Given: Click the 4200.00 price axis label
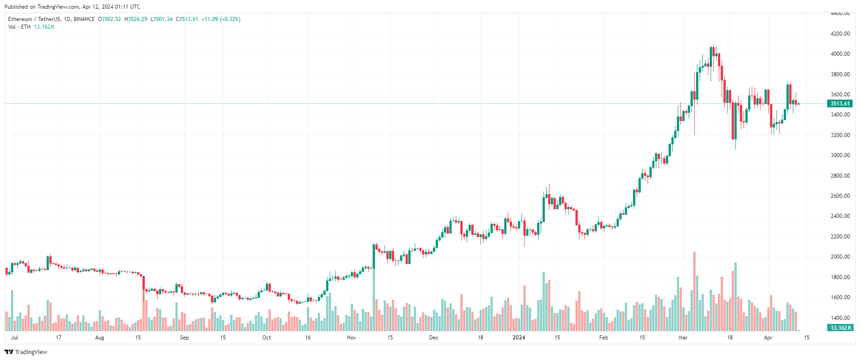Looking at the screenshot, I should tap(840, 34).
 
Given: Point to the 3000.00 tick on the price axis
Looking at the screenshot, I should tap(840, 155).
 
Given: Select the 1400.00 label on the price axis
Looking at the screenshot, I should tap(840, 318).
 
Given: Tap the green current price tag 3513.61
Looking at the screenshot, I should tap(840, 104).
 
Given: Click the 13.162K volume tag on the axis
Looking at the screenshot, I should tap(840, 328).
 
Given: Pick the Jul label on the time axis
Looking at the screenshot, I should tap(15, 338).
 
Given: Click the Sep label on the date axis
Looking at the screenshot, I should tap(184, 338).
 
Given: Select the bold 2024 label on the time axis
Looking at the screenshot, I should tap(519, 338).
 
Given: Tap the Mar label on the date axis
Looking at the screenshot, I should tap(683, 338).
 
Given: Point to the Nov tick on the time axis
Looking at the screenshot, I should tap(351, 338).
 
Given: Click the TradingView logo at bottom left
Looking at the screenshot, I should tap(26, 352).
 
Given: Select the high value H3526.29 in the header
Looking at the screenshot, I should tap(136, 19).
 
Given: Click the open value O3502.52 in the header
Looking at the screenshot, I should tap(110, 19).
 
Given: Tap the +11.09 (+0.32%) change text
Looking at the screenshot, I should tap(221, 19).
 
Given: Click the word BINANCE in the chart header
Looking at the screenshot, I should tap(84, 19).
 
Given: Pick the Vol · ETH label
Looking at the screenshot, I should tap(19, 27).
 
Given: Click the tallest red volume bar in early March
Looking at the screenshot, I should tap(694, 292).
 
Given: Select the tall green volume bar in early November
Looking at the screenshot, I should tap(374, 297).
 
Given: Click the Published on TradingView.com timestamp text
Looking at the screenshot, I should tap(72, 7).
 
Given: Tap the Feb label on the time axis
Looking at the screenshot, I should tap(603, 338).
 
